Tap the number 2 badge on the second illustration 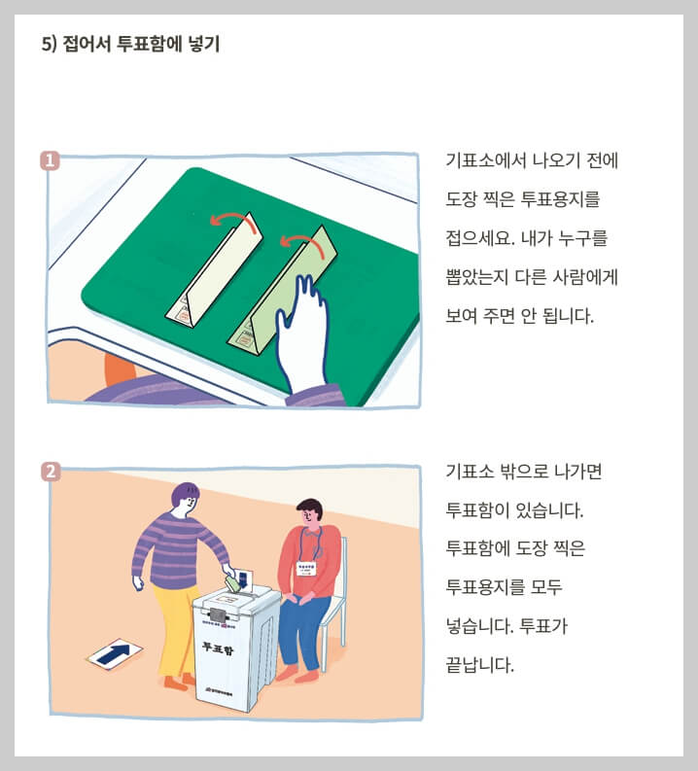click(x=51, y=473)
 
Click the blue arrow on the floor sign click(x=115, y=652)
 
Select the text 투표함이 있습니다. click(x=512, y=510)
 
